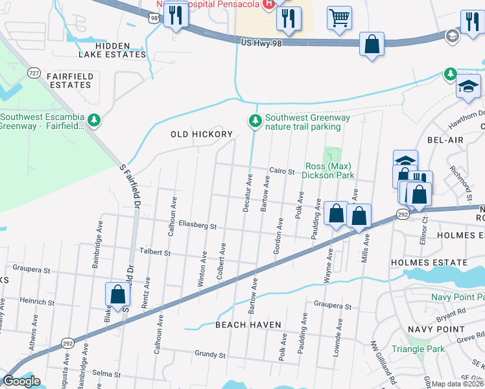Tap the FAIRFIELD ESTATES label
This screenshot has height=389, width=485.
click(70, 80)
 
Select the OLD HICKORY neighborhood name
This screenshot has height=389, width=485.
click(201, 134)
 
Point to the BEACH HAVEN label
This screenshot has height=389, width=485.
click(248, 324)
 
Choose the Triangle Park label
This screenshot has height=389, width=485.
click(418, 349)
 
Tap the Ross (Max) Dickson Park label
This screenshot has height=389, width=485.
click(330, 171)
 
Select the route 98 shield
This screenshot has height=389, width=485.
click(153, 19)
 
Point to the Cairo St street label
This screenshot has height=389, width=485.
click(282, 172)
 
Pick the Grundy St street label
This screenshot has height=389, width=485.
click(209, 355)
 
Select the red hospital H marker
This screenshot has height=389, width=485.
click(268, 4)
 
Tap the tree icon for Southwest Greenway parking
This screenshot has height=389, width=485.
click(256, 121)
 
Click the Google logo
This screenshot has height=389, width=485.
click(21, 381)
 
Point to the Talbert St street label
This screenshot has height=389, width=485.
click(154, 252)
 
